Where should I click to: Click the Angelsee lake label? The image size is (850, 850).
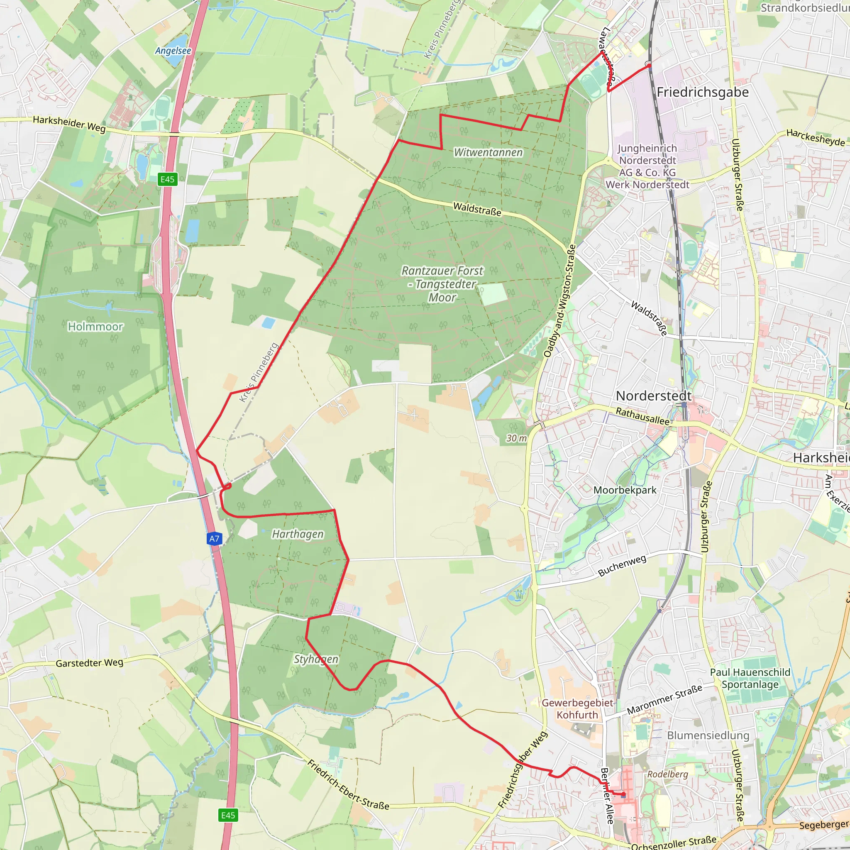[x=173, y=51]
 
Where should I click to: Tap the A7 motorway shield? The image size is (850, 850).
[x=214, y=538]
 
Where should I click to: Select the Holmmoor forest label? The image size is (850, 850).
[x=95, y=327]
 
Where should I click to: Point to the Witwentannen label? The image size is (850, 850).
[x=489, y=152]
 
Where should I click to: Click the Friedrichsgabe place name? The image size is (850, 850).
[x=703, y=92]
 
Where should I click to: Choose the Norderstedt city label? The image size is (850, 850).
[x=653, y=396]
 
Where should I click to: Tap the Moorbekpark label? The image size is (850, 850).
[x=625, y=490]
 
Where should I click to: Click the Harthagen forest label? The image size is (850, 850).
[x=298, y=534]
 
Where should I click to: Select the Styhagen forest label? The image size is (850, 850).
[x=316, y=659]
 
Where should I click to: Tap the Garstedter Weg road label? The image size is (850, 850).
[x=89, y=662]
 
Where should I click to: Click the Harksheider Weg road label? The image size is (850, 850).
[x=69, y=124]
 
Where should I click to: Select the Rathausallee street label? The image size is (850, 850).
[x=643, y=416]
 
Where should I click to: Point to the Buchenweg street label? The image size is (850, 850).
[x=622, y=565]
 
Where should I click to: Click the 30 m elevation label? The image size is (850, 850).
[x=516, y=438]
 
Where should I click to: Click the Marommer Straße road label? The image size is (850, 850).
[x=664, y=699]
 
